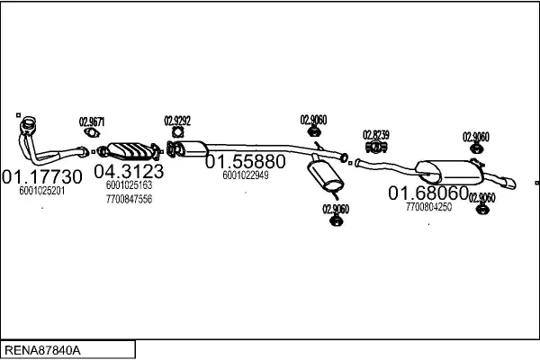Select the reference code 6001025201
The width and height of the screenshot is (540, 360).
point(42,191)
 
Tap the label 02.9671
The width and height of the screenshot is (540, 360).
point(91,122)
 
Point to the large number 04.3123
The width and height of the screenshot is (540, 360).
point(129,171)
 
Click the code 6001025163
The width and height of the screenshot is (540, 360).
point(129,185)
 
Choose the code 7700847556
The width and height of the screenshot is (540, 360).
point(129,199)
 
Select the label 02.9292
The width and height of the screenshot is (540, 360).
point(176,120)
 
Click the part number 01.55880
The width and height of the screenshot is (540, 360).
point(246,161)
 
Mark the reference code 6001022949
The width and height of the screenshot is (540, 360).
point(246,175)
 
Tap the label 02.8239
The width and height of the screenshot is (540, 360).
point(376,135)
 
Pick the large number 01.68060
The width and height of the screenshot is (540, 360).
point(428,193)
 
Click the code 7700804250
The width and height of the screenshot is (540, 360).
point(428,207)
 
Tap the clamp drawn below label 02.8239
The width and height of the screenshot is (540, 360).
point(376,148)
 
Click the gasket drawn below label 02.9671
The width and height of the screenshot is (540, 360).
point(91,136)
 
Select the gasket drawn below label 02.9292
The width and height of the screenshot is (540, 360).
point(176,134)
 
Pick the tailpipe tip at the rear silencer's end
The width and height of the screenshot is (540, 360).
point(510,184)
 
